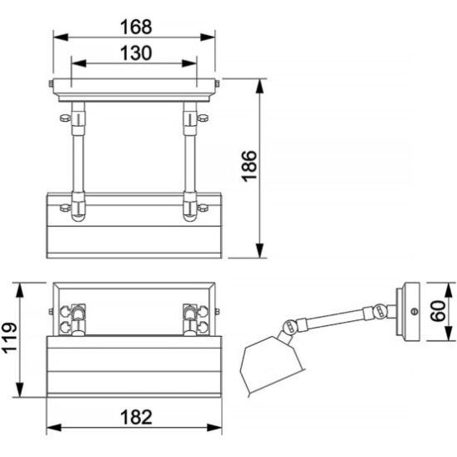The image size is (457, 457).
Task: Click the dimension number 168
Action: (x=136, y=27)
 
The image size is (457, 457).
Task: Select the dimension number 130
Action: (x=136, y=53)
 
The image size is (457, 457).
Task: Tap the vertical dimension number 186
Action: (x=250, y=166)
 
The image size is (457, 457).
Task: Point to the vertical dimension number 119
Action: (x=11, y=338)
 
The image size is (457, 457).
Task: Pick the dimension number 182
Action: (x=136, y=417)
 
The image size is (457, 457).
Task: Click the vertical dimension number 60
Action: (x=439, y=311)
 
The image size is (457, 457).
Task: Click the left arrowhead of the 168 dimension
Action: (x=61, y=38)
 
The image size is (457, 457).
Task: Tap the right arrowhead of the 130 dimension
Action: (x=189, y=63)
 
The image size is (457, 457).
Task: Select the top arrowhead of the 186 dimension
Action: (x=259, y=86)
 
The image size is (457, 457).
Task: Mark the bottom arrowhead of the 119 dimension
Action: (x=19, y=389)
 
